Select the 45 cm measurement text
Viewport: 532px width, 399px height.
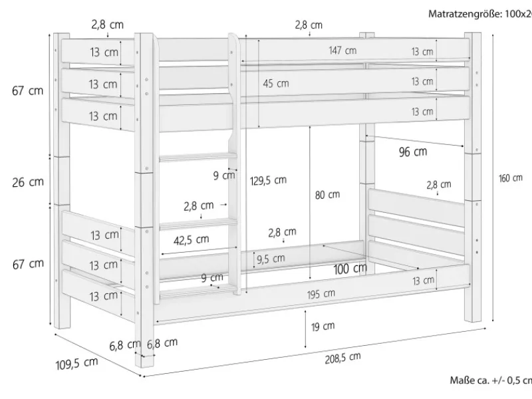point(276,83)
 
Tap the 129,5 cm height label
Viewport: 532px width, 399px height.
point(269,180)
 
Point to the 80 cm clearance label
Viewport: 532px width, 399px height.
point(327,195)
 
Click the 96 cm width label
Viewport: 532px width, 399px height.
point(412,152)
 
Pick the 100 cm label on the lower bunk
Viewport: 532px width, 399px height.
point(350,269)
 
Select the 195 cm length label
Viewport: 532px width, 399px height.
point(322,293)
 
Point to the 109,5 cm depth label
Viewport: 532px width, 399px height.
point(76,363)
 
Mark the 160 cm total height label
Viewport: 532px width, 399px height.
point(511,178)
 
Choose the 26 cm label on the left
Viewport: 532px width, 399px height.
point(28,182)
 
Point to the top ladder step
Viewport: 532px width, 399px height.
point(198,158)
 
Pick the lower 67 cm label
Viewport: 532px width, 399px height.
point(28,263)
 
